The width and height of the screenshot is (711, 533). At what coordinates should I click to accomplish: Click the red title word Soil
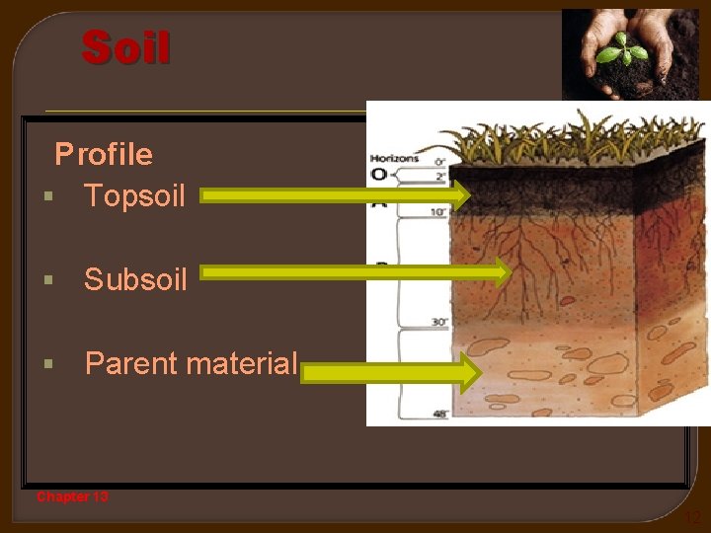[x=126, y=48]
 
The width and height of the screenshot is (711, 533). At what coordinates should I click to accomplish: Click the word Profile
[x=104, y=154]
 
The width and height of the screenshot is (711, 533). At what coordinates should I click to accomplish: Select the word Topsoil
[x=134, y=195]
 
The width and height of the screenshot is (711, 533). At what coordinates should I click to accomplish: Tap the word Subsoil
[x=135, y=279]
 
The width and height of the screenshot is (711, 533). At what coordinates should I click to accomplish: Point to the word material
[x=242, y=363]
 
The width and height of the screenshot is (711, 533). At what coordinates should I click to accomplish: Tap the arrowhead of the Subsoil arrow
[x=501, y=271]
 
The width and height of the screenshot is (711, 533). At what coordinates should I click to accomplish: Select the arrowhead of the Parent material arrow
[x=468, y=373]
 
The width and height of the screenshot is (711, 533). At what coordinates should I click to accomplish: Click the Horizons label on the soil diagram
[x=394, y=158]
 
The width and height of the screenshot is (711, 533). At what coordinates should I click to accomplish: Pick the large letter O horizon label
[x=378, y=176]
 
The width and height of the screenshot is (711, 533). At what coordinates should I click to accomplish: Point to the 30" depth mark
[x=437, y=323]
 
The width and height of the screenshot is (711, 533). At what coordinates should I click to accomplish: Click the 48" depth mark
[x=438, y=415]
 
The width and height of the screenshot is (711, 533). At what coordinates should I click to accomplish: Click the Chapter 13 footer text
[x=73, y=496]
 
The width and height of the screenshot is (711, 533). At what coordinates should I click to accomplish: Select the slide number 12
[x=692, y=517]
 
